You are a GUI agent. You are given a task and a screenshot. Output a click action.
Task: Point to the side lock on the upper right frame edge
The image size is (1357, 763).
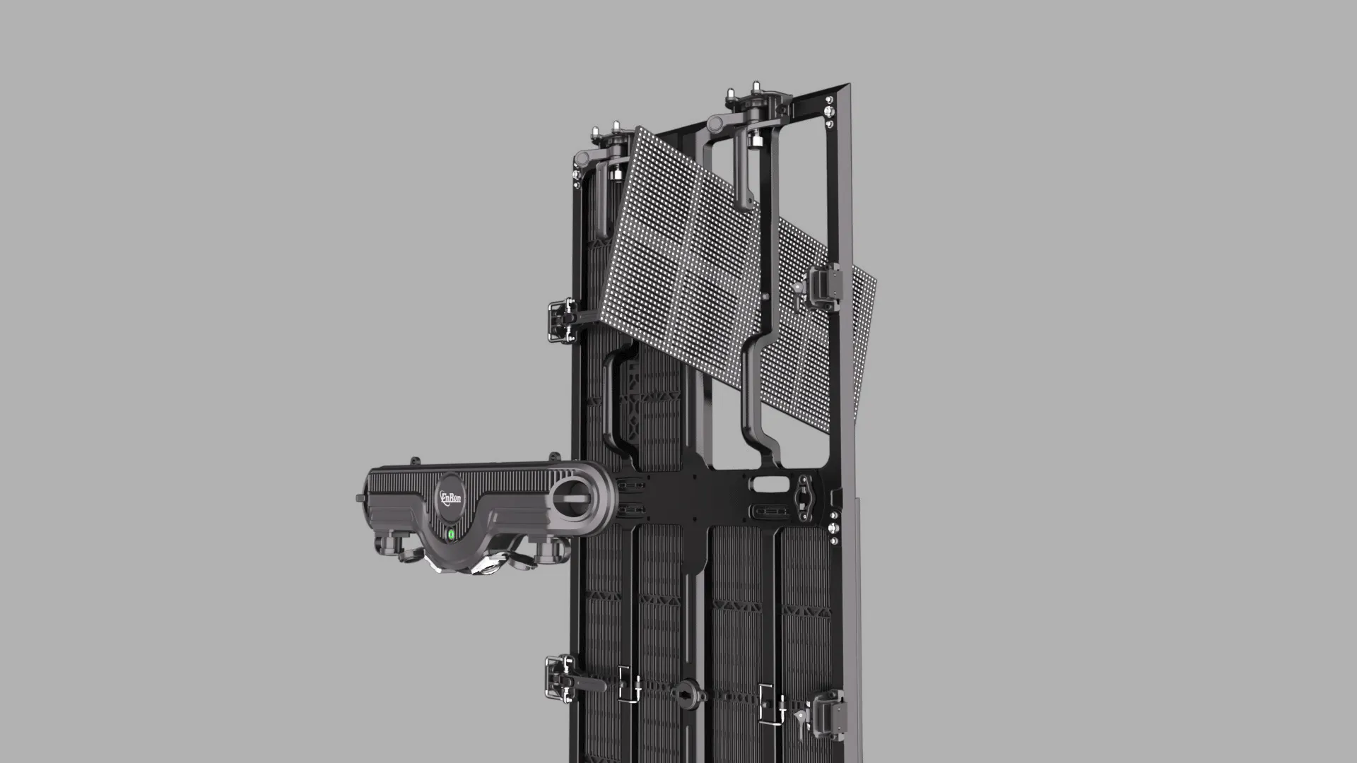coord(826,286)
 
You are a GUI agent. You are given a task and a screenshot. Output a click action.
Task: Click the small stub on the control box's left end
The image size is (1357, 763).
coord(360,499)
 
